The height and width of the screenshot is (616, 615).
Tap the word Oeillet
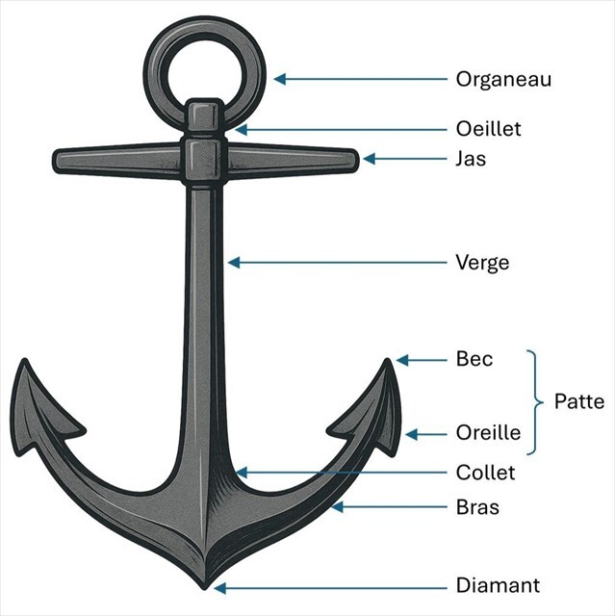tap(489, 129)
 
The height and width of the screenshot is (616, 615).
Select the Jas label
tap(471, 159)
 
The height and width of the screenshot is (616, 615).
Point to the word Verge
tap(482, 262)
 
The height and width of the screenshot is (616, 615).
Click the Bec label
tap(474, 360)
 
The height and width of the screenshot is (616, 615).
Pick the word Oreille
tap(488, 434)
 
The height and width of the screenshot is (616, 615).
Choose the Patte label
tap(579, 401)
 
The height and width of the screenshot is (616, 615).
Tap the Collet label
tap(485, 473)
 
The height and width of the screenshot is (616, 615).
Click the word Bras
tap(477, 506)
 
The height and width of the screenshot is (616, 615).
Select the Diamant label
tap(498, 585)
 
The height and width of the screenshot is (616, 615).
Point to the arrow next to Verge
tap(337, 262)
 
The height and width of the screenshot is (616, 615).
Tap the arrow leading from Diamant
tap(326, 586)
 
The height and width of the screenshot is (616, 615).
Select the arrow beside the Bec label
tap(423, 360)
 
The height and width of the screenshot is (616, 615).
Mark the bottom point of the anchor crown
tap(205, 584)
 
